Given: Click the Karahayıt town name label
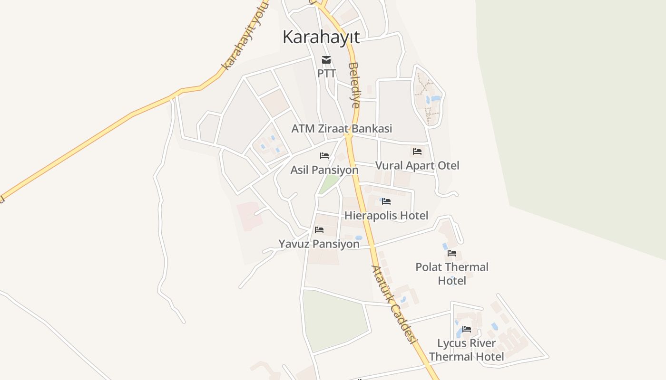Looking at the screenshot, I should coord(321,37).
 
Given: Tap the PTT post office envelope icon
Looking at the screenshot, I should coord(326,60).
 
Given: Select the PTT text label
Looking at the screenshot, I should coord(327,74).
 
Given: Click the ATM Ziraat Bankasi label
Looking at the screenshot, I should coord(342,129).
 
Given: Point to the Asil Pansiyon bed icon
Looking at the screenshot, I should coord(324,156).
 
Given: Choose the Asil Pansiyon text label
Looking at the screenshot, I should coord(324,170).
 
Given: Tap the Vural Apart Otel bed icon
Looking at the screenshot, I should coord(417,152).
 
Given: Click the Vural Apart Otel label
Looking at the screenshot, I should coord(417,166).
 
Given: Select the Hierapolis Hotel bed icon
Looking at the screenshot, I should coord(386,201).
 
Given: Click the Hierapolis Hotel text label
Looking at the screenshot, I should coord(386,216).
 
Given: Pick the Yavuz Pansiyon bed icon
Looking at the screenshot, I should coord(319,230).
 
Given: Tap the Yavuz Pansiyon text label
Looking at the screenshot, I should coord(319,244).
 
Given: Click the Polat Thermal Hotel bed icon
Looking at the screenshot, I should coord(452,253).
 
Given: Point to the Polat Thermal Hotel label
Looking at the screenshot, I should coord(452,274).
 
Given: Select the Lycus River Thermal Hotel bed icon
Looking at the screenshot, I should coord(467,329).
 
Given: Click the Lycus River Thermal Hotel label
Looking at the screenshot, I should coord(467,350).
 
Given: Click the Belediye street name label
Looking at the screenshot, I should coord(354,85).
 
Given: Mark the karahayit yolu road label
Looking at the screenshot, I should coord(243,36).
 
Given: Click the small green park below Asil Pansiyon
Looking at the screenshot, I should coord(329,184).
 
